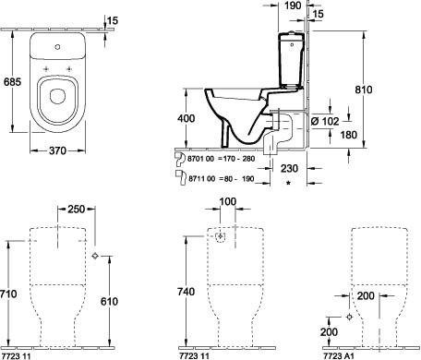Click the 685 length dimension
click(x=12, y=82)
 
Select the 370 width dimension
click(x=57, y=150)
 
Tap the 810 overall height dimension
click(x=364, y=90)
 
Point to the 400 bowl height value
click(x=186, y=118)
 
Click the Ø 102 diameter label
click(x=325, y=121)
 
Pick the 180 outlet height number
click(x=349, y=135)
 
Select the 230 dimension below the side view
click(x=289, y=168)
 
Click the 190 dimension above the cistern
click(x=293, y=6)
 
